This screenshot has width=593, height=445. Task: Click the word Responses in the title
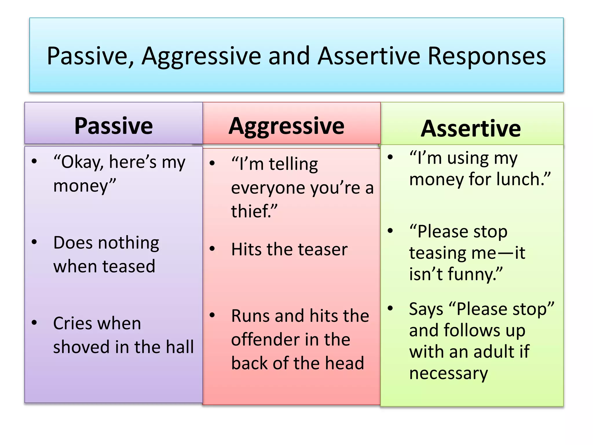(x=487, y=56)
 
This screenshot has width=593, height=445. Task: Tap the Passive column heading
(x=114, y=126)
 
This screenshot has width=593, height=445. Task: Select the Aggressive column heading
(x=286, y=126)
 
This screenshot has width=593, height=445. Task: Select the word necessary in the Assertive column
(x=448, y=373)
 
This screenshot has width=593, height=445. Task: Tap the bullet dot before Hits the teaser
(x=212, y=249)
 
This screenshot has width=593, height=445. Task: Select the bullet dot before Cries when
(x=34, y=322)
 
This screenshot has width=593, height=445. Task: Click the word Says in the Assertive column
(x=426, y=309)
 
